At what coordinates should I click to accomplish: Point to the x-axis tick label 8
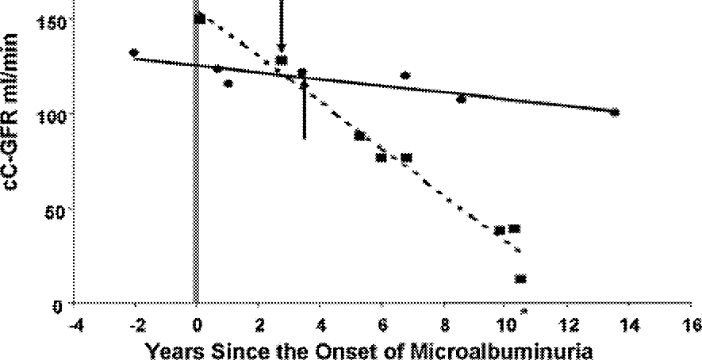point(444,324)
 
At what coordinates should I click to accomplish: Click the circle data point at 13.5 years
point(615,113)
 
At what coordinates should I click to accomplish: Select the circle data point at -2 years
point(134,53)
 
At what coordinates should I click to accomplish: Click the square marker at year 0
point(200,17)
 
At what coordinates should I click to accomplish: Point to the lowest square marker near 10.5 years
point(521,278)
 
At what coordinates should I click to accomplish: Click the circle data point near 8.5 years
point(461,99)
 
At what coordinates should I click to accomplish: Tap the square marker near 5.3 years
point(359,136)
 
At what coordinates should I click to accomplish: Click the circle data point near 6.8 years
point(405,76)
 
